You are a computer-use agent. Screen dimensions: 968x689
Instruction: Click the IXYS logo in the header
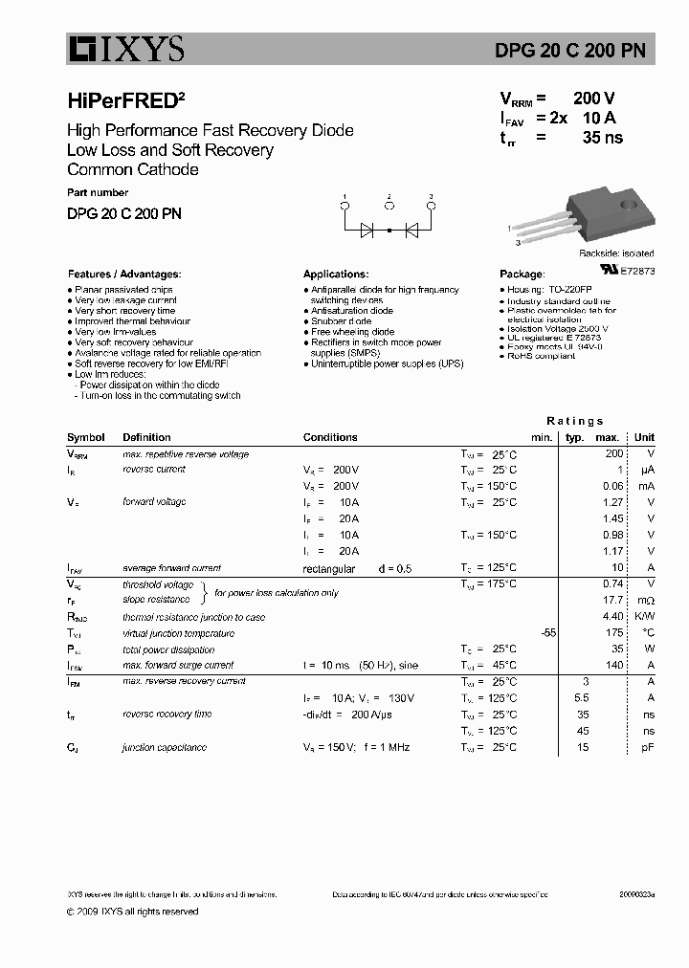[125, 48]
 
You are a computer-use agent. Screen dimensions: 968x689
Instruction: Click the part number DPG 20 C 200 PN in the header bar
[583, 50]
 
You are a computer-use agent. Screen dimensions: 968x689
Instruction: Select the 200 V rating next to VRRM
[594, 99]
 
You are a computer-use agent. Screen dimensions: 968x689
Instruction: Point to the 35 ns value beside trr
[602, 137]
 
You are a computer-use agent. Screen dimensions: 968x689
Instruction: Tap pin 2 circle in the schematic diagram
[389, 205]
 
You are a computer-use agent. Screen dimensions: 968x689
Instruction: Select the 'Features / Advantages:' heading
[123, 274]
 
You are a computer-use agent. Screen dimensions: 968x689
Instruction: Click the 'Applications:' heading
[336, 274]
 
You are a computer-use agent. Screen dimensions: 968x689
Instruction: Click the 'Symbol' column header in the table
[86, 437]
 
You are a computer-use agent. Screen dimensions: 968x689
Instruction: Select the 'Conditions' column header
[330, 437]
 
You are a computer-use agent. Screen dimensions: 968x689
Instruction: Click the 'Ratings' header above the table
[575, 421]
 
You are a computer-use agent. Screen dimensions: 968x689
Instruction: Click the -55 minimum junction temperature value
[547, 633]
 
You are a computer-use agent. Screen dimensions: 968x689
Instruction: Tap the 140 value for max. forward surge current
[614, 665]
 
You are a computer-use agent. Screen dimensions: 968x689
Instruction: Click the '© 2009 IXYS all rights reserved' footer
[133, 912]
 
